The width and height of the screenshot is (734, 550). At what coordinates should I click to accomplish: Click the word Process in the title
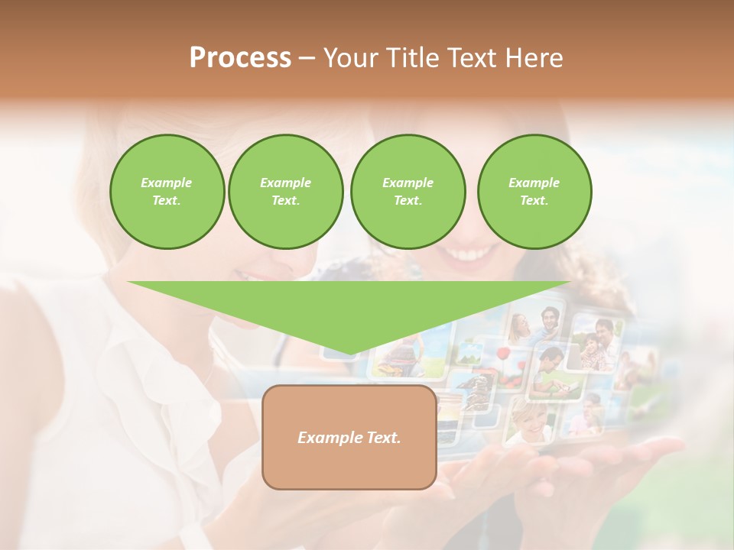[x=240, y=58]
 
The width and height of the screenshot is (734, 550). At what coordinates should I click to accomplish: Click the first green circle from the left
[x=167, y=192]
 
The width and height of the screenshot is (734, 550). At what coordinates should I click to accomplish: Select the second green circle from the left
[x=285, y=192]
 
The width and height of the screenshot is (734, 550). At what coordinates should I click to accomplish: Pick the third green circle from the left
[x=408, y=192]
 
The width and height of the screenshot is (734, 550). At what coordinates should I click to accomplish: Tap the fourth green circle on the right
[x=534, y=192]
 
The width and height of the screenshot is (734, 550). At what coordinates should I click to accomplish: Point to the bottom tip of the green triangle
[x=349, y=354]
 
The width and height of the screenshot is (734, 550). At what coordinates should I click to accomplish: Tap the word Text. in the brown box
[x=382, y=438]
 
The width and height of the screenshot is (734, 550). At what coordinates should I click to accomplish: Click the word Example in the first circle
[x=167, y=183]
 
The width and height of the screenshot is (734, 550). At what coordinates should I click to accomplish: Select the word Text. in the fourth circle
[x=534, y=200]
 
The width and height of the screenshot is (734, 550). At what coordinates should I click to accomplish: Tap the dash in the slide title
[x=307, y=58]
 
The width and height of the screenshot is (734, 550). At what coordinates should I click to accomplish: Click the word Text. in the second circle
[x=285, y=200]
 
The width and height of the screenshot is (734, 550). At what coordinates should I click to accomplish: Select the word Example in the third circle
[x=408, y=183]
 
